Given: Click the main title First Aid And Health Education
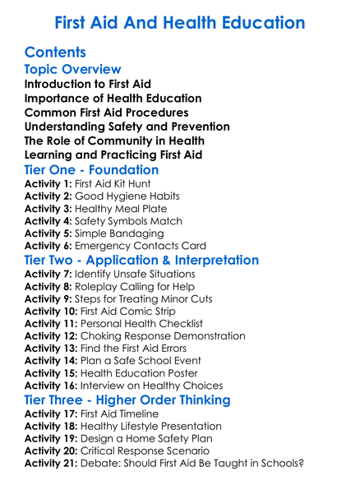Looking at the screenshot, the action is [x=179, y=22].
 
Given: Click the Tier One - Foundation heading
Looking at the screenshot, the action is [x=103, y=169].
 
